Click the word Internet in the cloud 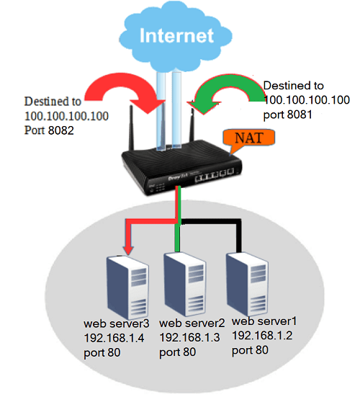[x=177, y=35]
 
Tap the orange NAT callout [x=248, y=138]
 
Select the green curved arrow [x=226, y=92]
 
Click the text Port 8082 [x=49, y=130]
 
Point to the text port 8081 [x=288, y=115]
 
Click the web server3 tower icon [x=127, y=287]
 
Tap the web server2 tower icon [x=185, y=284]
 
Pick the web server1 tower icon [x=247, y=284]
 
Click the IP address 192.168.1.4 [x=114, y=338]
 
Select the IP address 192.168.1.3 [x=189, y=337]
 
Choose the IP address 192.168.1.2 [x=262, y=336]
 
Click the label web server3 [x=117, y=324]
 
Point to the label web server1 [x=264, y=321]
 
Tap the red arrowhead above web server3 [x=128, y=249]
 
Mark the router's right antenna [x=192, y=125]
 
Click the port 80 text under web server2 [x=178, y=352]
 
